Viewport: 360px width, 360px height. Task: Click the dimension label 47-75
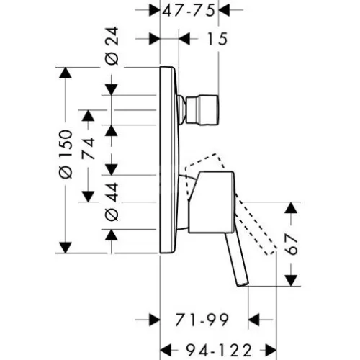coord(188,11)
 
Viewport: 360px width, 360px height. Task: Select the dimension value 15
coord(217,39)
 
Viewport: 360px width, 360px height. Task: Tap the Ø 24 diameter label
coord(112,46)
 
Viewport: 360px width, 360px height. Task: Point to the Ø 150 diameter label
coord(66,154)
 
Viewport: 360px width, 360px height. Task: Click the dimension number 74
coord(88,148)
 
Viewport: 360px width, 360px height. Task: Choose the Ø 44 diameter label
coord(112,202)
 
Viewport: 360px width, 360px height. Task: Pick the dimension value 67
coord(291,244)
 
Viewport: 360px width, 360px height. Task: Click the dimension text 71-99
coord(201,320)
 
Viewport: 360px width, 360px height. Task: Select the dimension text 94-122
coord(219,351)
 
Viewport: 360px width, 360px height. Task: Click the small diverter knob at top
coord(202,110)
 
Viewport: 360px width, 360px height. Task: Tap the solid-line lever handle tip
coord(243,284)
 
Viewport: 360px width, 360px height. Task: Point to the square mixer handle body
coord(211,202)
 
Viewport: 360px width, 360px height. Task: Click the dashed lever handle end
coord(271,251)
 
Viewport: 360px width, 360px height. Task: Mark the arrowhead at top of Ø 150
coord(66,73)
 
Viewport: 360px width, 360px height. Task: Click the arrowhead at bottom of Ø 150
coord(66,248)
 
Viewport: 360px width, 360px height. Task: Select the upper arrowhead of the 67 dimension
coord(291,207)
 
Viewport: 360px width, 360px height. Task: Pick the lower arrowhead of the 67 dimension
coord(291,281)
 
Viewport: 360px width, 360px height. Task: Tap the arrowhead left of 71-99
coord(154,320)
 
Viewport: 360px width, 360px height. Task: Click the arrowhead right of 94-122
coord(271,351)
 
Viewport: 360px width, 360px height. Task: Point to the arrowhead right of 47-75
coord(224,10)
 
